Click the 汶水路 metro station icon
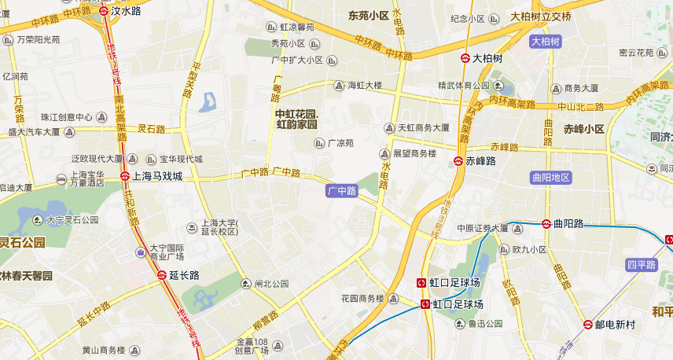pos(105,12)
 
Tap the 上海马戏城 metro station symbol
pos(125,177)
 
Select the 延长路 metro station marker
pos(161,275)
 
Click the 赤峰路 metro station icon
pos(458,161)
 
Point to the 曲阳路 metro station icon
pos(546,223)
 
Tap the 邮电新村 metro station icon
pos(587,324)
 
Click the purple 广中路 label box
pos(342,190)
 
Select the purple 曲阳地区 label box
pos(550,178)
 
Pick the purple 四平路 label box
pos(641,265)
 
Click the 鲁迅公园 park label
pos(484,323)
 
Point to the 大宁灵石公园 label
pos(72,220)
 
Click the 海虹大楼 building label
pos(365,85)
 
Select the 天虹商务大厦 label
pos(423,127)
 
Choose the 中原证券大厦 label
pos(483,229)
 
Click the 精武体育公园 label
pos(463,85)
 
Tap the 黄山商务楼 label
pos(104,350)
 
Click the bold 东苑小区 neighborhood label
pos(369,15)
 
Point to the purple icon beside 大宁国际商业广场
pos(140,252)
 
